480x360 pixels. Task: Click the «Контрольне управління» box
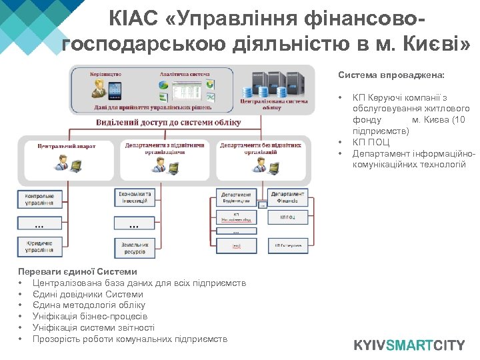pyautogui.click(x=39, y=199)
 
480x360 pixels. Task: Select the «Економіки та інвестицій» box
pyautogui.click(x=135, y=197)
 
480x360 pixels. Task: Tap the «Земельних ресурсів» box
pyautogui.click(x=135, y=248)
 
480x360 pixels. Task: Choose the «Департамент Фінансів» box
pyautogui.click(x=288, y=197)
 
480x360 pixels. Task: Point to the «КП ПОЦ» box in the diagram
pyautogui.click(x=288, y=217)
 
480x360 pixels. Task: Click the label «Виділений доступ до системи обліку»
pyautogui.click(x=157, y=123)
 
